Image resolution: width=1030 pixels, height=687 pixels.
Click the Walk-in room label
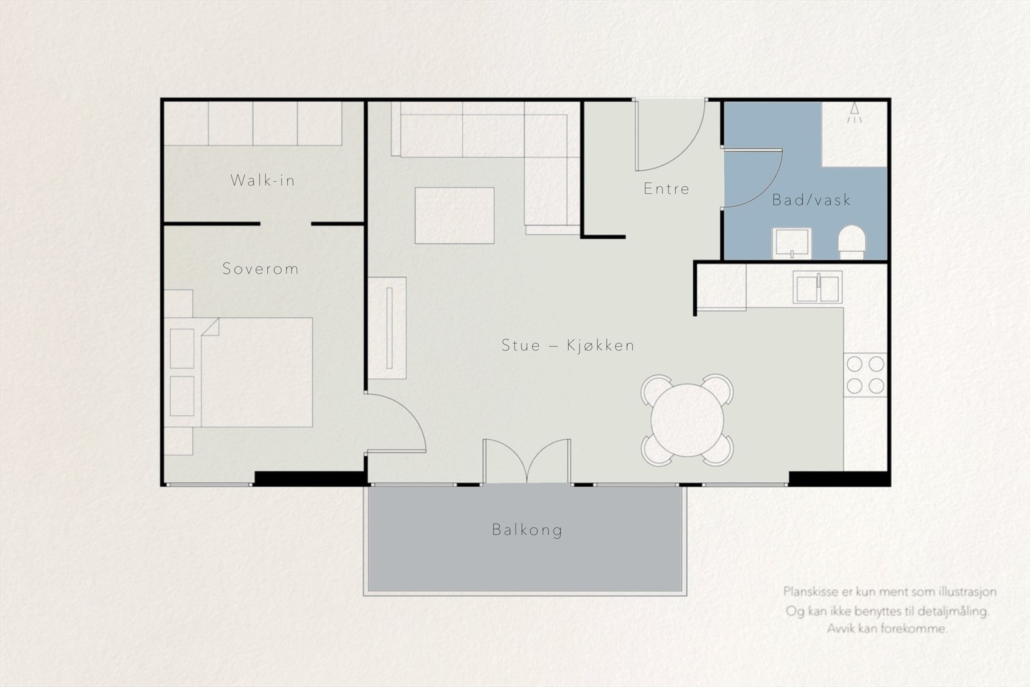263,180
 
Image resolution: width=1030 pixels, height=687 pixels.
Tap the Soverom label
261,268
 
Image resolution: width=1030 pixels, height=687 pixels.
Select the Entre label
666,189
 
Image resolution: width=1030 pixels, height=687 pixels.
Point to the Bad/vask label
811,200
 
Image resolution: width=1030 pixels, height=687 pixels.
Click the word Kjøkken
601,345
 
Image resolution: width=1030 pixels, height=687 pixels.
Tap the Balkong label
527,530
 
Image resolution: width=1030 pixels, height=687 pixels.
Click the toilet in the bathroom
852,242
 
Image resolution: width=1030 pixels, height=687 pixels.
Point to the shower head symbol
854,112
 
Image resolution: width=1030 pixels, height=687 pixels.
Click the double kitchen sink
818,287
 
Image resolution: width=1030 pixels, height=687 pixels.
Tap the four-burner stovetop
865,375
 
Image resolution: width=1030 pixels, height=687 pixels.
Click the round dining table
688,420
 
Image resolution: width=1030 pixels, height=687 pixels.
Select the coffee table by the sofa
454,215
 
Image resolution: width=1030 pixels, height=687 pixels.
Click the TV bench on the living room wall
387,328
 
